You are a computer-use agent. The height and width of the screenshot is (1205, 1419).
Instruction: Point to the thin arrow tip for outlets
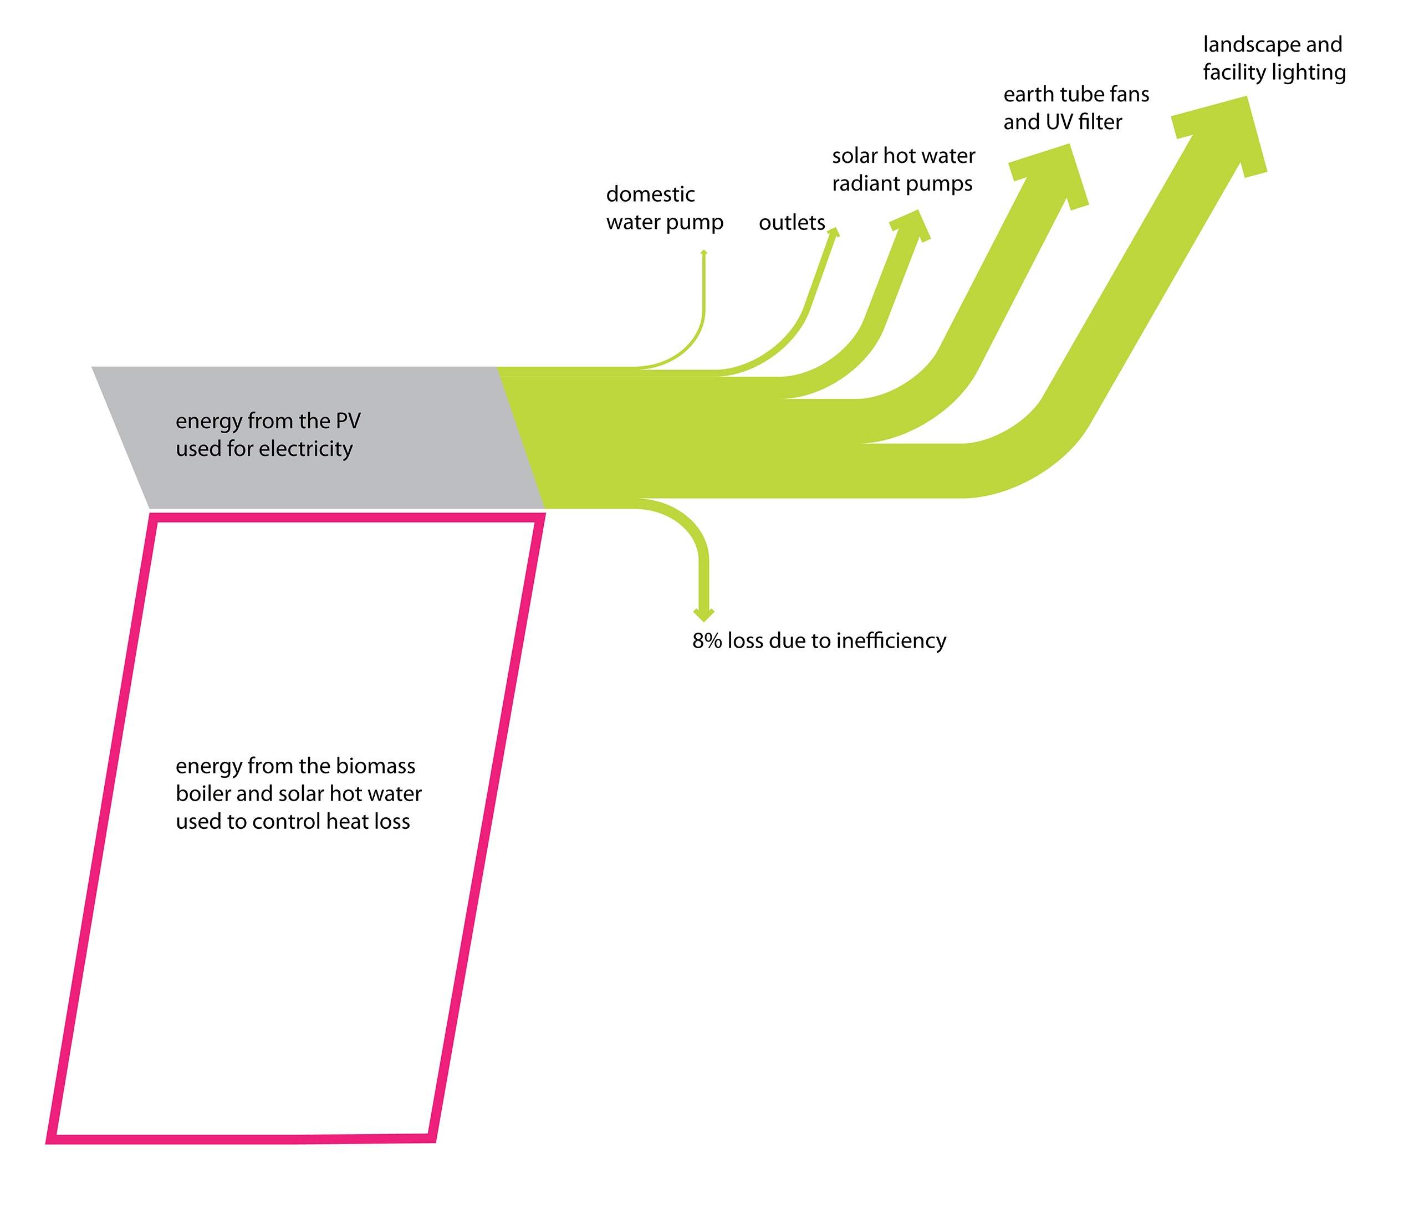pyautogui.click(x=833, y=233)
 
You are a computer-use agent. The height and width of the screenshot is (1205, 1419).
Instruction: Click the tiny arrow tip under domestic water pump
pyautogui.click(x=703, y=253)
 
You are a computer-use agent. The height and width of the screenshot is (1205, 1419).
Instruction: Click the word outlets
pyautogui.click(x=792, y=222)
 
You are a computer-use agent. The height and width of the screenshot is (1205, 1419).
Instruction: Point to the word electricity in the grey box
pyautogui.click(x=308, y=448)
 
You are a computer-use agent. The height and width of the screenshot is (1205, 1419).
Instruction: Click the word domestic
pyautogui.click(x=650, y=194)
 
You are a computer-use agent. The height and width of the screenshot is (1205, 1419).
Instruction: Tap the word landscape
pyautogui.click(x=1252, y=45)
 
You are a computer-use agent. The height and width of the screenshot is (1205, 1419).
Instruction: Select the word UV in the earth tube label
pyautogui.click(x=1059, y=121)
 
